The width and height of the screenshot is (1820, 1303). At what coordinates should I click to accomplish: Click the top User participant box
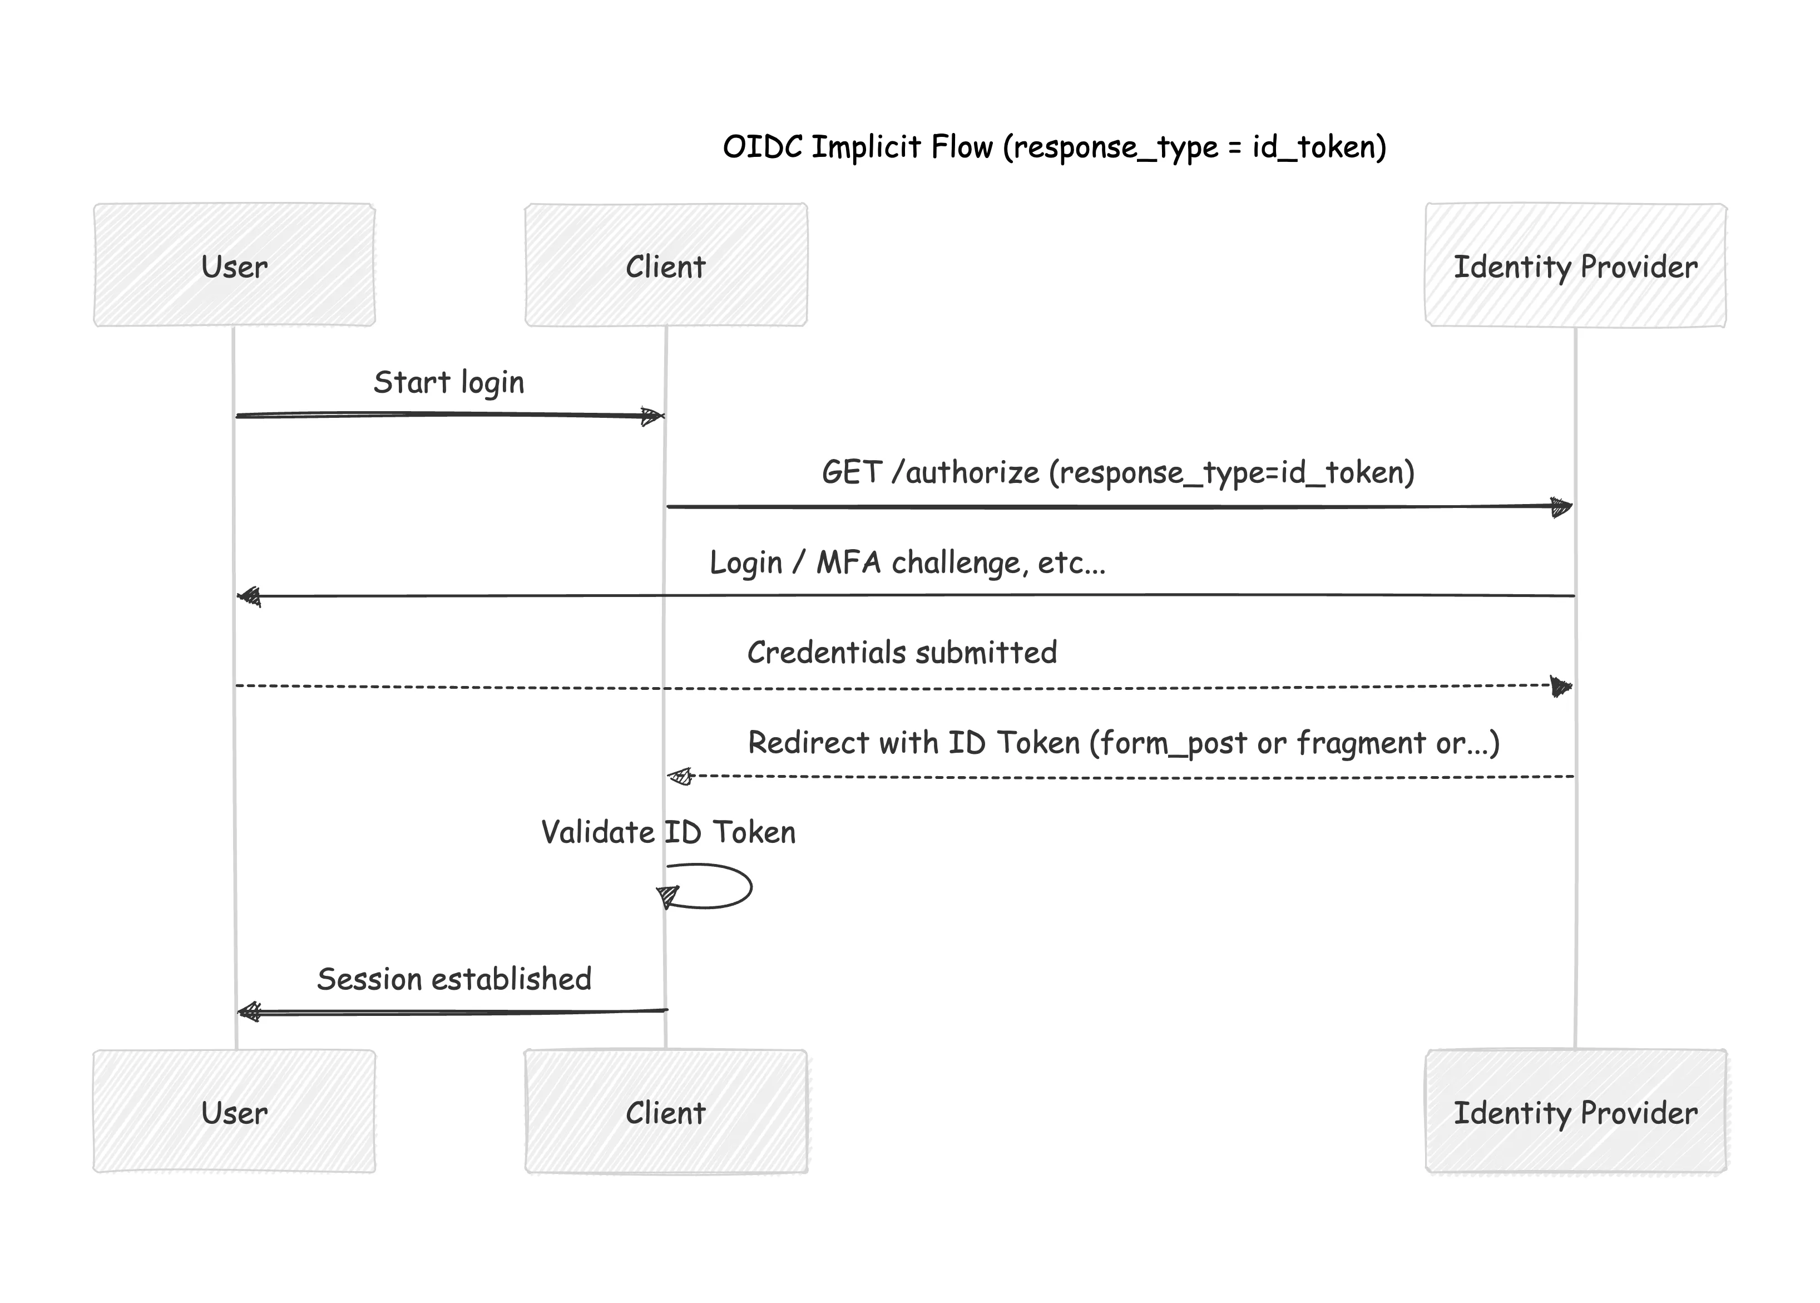234,265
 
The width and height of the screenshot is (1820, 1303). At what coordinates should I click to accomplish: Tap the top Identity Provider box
1575,265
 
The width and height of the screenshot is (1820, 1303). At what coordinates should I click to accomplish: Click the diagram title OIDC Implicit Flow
1054,147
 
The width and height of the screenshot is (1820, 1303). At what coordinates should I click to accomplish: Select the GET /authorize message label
1117,472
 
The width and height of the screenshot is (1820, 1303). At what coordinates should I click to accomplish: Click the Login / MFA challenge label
907,562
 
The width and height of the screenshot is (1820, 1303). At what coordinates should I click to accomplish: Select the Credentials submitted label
902,652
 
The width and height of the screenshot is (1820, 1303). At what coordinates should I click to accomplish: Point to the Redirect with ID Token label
1123,743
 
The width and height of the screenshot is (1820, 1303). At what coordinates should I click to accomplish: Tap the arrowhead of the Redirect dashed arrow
679,776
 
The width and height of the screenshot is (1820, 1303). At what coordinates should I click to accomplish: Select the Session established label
454,979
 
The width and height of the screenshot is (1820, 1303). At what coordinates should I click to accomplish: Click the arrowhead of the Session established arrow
249,1013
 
